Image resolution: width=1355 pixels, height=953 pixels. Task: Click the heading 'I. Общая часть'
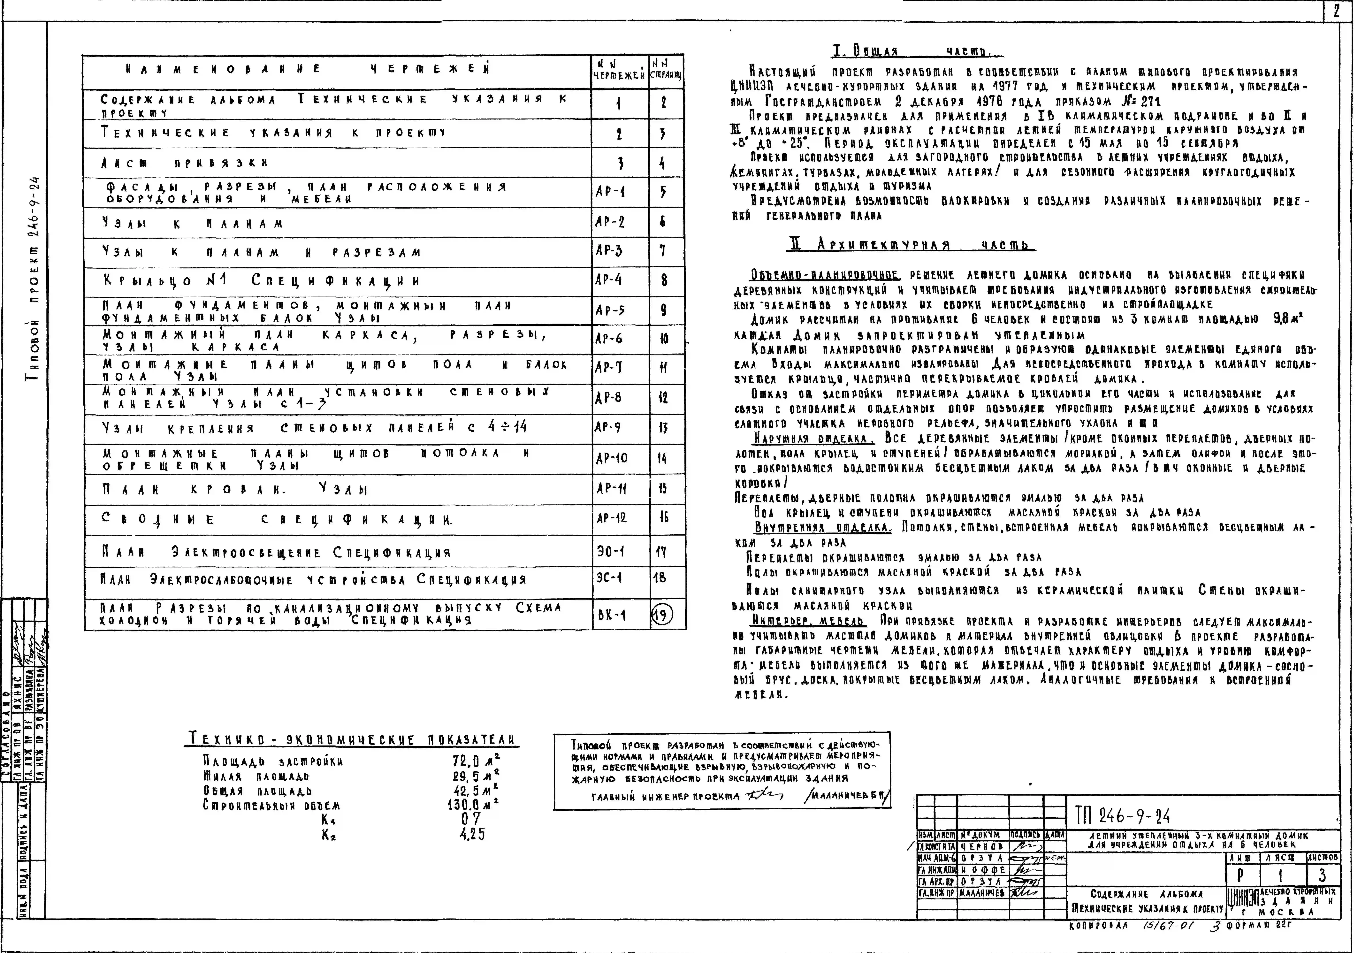tap(918, 52)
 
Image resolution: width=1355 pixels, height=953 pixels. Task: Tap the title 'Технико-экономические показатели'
tap(352, 739)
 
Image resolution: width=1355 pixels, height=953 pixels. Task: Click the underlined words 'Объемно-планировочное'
tap(824, 276)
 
